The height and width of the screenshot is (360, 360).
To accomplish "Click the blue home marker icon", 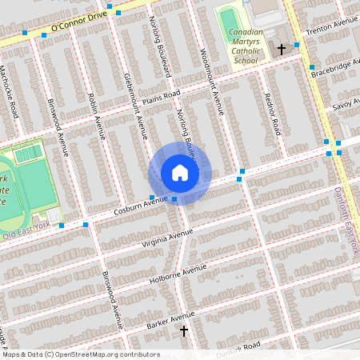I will pos(180,173).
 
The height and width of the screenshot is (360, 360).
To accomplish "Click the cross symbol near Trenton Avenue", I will pos(281,50).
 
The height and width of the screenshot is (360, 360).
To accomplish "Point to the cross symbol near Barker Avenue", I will pos(184,330).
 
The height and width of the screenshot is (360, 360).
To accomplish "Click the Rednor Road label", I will pos(273,111).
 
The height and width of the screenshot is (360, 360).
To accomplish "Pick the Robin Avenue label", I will pos(97,115).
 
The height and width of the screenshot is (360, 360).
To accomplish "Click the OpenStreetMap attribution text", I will pos(80,354).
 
